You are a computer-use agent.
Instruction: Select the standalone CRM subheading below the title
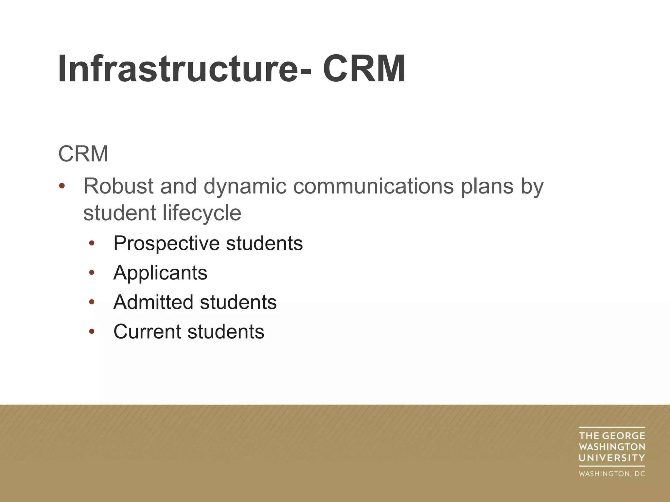[83, 154]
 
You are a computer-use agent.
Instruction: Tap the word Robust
[118, 186]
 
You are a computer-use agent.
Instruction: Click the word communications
[373, 186]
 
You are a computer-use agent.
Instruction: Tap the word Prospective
[166, 244]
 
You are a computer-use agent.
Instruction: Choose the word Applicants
[160, 273]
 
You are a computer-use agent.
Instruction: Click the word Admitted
[153, 302]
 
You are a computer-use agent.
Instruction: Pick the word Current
[147, 332]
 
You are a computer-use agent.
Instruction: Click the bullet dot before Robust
[62, 187]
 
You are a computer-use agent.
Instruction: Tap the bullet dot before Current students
[92, 331]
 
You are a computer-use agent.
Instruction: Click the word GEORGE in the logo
[624, 436]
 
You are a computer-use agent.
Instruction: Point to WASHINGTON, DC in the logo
[612, 474]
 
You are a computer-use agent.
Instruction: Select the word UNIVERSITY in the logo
[612, 458]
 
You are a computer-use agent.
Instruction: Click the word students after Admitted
[238, 302]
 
